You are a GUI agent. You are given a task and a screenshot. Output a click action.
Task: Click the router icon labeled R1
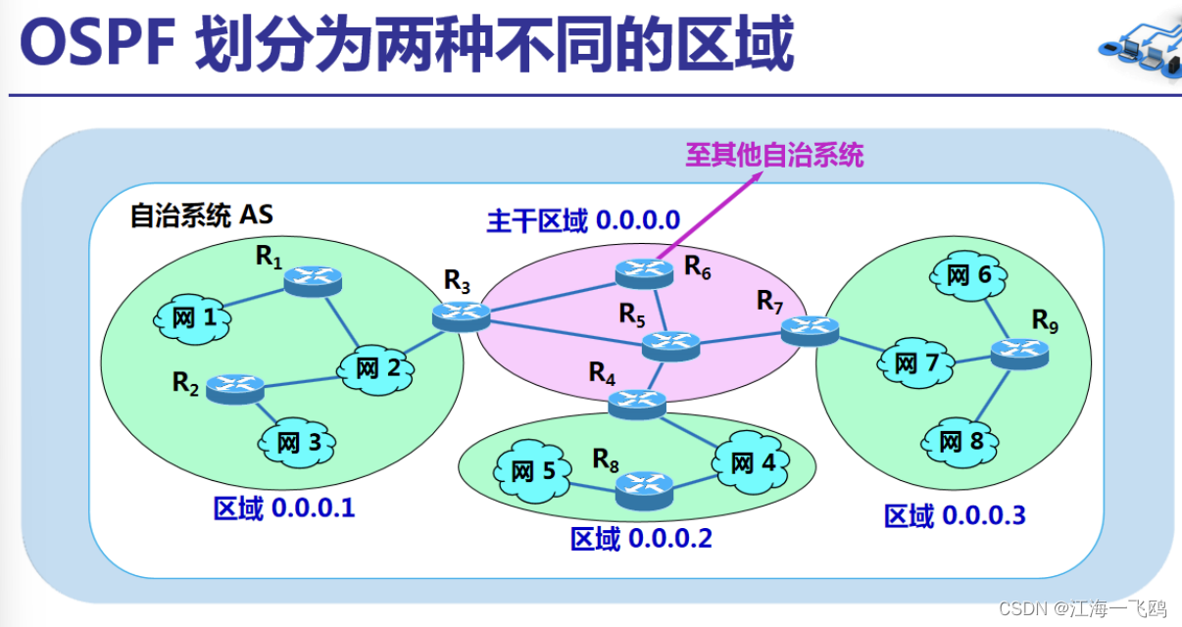pos(313,280)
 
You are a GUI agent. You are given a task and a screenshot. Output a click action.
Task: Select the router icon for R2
pos(235,387)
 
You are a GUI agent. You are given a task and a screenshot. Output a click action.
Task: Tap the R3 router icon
pos(461,313)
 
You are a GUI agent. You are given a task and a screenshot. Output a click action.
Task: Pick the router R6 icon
pos(644,271)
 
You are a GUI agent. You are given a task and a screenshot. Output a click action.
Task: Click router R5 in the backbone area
pos(671,344)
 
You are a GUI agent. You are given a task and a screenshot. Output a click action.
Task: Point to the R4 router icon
pos(637,402)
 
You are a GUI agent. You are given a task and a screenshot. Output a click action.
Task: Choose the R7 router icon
pos(810,331)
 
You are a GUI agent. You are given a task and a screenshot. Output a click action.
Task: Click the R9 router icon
pos(1018,353)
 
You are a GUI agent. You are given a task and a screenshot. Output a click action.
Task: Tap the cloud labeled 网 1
pos(192,317)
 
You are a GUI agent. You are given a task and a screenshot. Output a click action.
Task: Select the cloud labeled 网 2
pos(376,368)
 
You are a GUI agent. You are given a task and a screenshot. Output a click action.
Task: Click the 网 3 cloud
pos(298,442)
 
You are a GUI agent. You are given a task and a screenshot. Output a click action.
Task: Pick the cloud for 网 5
pos(533,471)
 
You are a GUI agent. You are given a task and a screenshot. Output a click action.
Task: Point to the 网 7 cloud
pos(916,363)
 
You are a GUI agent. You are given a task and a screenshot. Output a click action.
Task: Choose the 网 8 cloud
pos(960,442)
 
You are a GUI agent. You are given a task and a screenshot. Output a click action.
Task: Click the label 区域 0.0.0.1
pos(284,509)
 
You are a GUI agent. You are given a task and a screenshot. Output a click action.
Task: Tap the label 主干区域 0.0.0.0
pos(583,220)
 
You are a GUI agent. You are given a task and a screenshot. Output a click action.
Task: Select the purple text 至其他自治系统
pos(774,155)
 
